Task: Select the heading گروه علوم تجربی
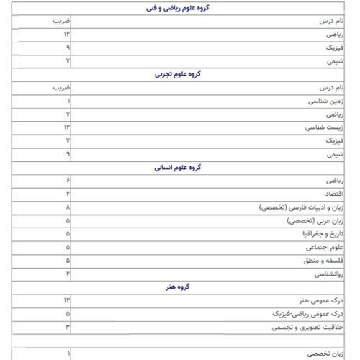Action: [x=178, y=74]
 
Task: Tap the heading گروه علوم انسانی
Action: [x=178, y=167]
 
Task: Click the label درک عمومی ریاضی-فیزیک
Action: [x=311, y=314]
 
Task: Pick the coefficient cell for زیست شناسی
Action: [x=66, y=127]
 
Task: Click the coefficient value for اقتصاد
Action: [x=68, y=194]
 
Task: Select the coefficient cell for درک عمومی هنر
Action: [x=66, y=300]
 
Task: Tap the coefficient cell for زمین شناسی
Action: [x=68, y=101]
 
